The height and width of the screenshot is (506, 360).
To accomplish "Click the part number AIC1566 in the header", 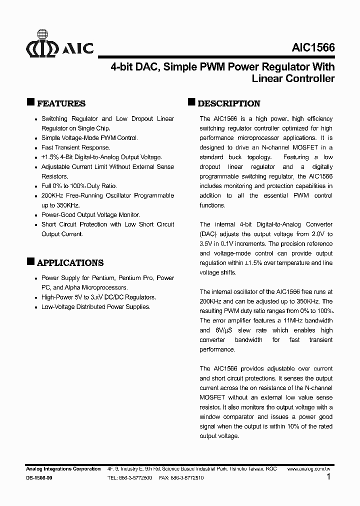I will click(x=313, y=47).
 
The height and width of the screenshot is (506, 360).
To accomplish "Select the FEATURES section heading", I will click(x=61, y=103).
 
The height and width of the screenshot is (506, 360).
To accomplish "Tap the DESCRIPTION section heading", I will click(x=229, y=103).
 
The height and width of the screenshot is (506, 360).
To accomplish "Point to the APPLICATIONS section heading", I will click(x=70, y=262).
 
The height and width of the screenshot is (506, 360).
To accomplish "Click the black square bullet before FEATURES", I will click(x=30, y=102).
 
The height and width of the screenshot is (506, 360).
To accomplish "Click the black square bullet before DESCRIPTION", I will click(x=191, y=102).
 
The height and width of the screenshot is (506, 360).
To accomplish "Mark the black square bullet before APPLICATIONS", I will click(x=30, y=261).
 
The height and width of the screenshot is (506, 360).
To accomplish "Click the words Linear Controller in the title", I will click(x=293, y=78).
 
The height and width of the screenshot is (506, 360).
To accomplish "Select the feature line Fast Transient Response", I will click(x=75, y=147).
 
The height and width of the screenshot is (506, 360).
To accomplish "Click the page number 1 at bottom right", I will click(x=328, y=477).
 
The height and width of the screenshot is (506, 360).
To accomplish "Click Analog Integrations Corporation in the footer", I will click(x=63, y=469).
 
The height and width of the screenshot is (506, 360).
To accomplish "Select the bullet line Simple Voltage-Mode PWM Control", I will click(x=89, y=138).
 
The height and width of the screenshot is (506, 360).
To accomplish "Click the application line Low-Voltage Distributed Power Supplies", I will click(x=95, y=306).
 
